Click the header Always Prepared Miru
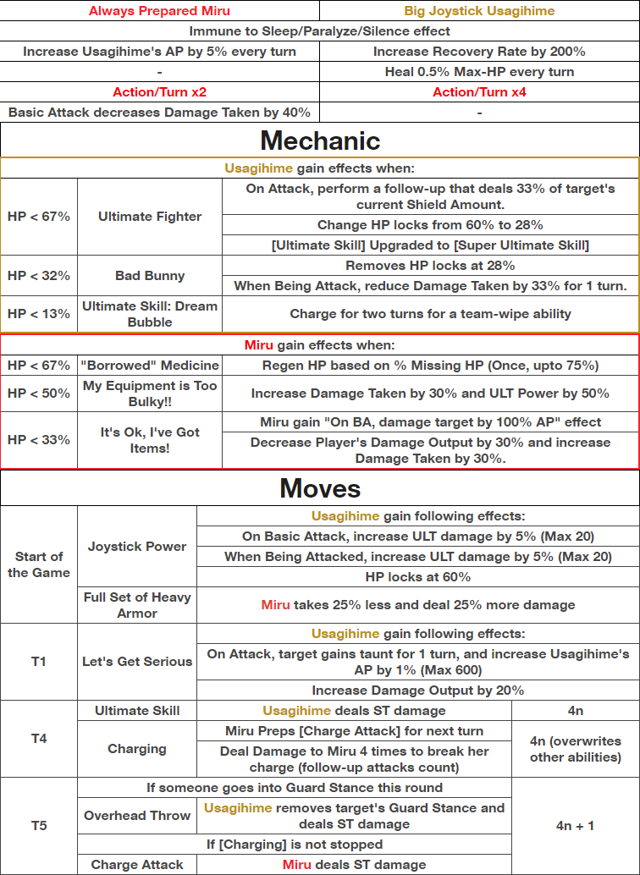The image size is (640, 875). pos(159,11)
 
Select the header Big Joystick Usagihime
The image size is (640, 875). pos(479,11)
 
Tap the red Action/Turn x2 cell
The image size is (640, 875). pos(159,91)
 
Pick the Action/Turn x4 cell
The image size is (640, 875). pos(479,91)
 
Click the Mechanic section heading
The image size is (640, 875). pos(320,140)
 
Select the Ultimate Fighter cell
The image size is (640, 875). pos(150,217)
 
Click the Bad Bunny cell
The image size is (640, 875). pos(150,276)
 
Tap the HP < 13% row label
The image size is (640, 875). pos(39,314)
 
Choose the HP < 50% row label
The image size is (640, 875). pos(39,393)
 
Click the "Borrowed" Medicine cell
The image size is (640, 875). pos(150,366)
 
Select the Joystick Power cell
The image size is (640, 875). pos(137,547)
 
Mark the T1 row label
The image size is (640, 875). pos(39,662)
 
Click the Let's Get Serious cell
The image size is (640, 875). pos(137,662)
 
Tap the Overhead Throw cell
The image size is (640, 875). pos(137,817)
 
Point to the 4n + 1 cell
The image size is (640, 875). pos(576,825)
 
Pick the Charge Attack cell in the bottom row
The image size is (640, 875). pos(137,865)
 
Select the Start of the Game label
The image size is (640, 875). pos(39,564)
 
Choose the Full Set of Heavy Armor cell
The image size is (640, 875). pos(137,605)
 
